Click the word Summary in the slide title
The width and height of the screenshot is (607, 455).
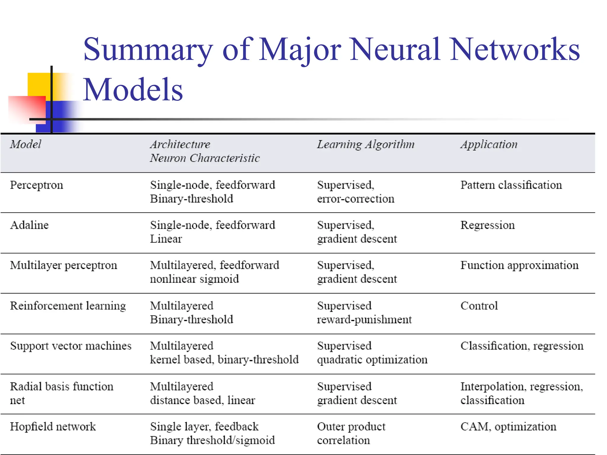pyautogui.click(x=148, y=50)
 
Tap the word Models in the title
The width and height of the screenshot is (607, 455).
pyautogui.click(x=133, y=90)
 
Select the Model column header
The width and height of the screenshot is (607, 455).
pyautogui.click(x=25, y=145)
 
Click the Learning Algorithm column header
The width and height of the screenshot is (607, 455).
pyautogui.click(x=365, y=145)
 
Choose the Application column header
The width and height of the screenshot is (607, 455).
pyautogui.click(x=489, y=145)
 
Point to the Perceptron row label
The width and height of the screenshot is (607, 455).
pyautogui.click(x=36, y=185)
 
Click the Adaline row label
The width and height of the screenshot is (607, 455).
pyautogui.click(x=29, y=225)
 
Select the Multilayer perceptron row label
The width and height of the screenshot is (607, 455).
pyautogui.click(x=63, y=265)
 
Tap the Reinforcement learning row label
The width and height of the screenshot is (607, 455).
pyautogui.click(x=68, y=306)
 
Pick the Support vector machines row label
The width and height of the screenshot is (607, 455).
pyautogui.click(x=71, y=346)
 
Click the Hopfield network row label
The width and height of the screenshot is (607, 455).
pyautogui.click(x=53, y=427)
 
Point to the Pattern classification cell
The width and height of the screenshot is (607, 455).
pyautogui.click(x=511, y=185)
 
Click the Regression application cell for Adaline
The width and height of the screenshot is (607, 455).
pyautogui.click(x=488, y=225)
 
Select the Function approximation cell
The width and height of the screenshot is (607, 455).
pyautogui.click(x=519, y=265)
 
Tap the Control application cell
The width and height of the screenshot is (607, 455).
pyautogui.click(x=479, y=306)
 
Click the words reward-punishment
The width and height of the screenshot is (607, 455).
pyautogui.click(x=364, y=320)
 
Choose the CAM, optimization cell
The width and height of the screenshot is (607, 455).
pyautogui.click(x=508, y=427)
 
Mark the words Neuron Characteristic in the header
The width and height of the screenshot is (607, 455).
pyautogui.click(x=205, y=158)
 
